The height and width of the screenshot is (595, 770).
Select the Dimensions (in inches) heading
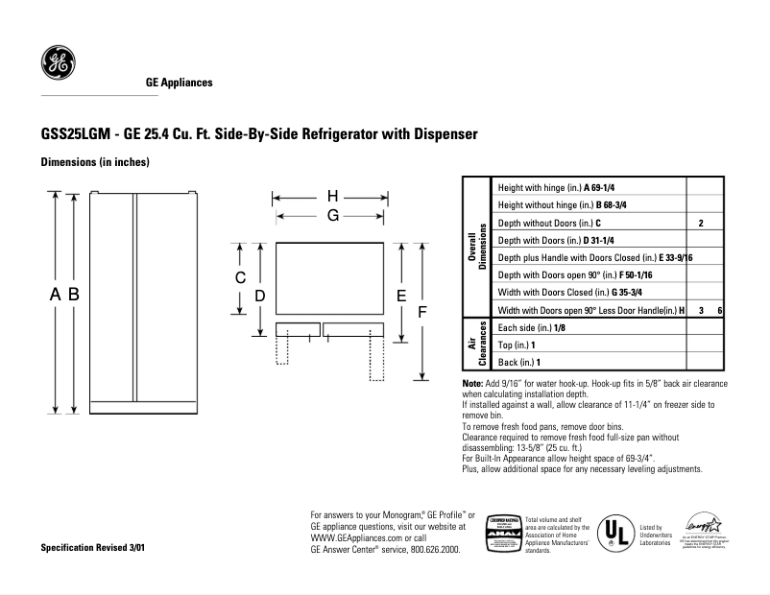[94, 162]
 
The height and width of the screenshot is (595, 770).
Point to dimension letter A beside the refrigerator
[55, 296]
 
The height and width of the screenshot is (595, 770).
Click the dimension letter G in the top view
[332, 216]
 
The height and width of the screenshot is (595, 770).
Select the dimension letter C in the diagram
[242, 277]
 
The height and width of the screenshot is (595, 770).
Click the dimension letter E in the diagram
[402, 296]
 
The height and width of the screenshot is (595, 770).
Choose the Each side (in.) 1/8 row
[531, 327]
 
